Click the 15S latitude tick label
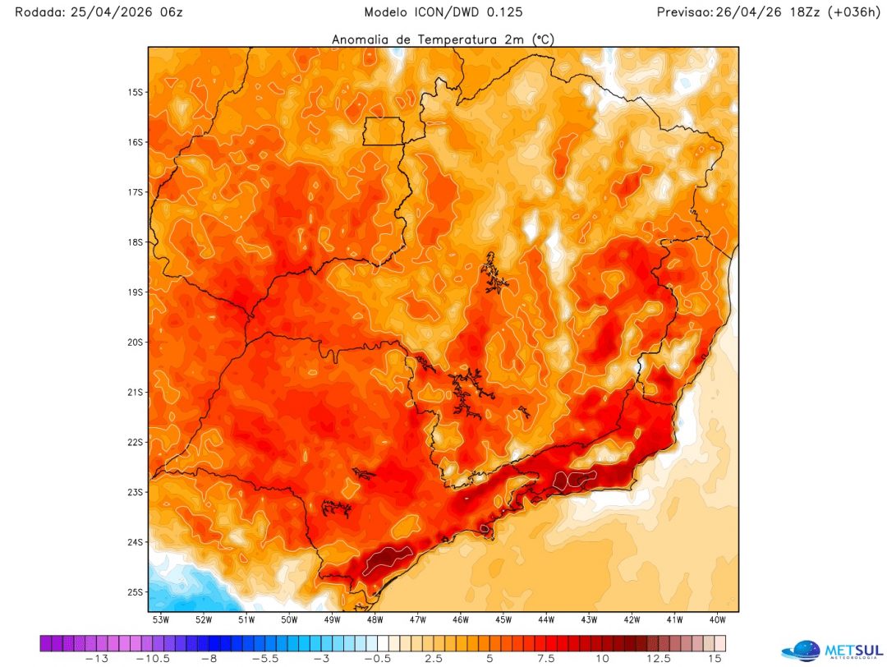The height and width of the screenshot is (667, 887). click(135, 92)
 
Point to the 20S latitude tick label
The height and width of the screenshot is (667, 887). click(135, 342)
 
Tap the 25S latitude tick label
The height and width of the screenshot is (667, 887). click(135, 592)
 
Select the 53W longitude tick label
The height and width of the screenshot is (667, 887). click(160, 619)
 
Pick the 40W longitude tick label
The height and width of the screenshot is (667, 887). click(716, 619)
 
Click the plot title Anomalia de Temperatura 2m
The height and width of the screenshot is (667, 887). click(442, 39)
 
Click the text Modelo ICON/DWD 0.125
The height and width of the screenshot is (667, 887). click(443, 12)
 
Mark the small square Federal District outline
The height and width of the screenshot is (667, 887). click(384, 131)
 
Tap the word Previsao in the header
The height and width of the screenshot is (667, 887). click(683, 12)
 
